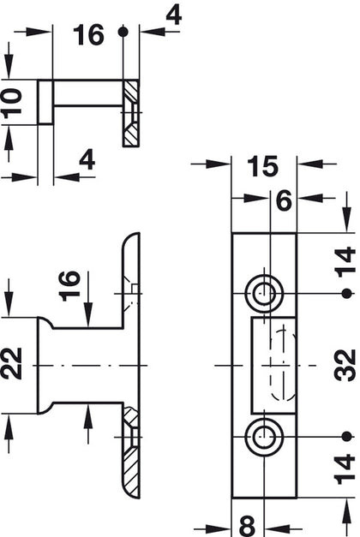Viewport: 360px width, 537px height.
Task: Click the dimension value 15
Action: pos(263,164)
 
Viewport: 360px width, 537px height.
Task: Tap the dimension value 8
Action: pos(247,522)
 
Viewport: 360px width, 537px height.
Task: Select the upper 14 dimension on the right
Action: pos(345,260)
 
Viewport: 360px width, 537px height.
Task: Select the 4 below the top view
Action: pos(87,161)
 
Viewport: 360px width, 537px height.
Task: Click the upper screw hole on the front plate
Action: pos(262,293)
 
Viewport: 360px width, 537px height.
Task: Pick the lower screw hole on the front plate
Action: pos(262,438)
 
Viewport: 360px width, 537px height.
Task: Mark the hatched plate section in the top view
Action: pos(132,112)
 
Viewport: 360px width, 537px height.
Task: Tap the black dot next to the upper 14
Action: pos(345,293)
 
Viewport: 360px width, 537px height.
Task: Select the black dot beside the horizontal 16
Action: pos(124,32)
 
